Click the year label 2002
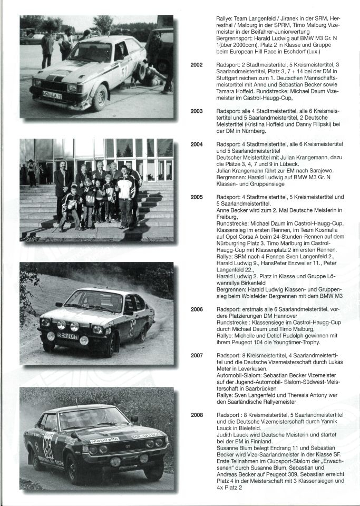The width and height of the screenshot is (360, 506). pos(197,65)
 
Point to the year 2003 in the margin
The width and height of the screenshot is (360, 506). pos(197,111)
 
